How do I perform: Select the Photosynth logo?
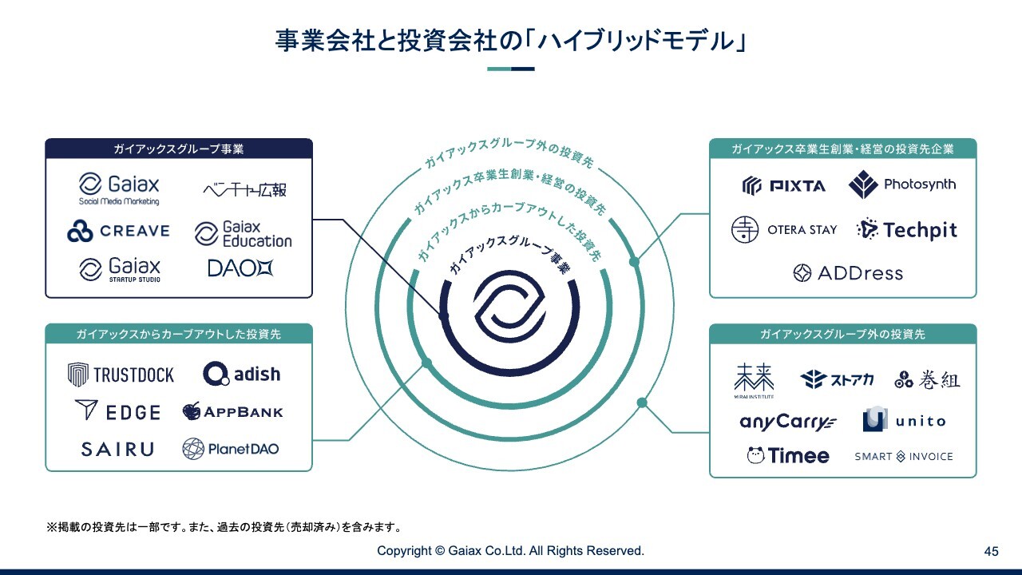(901, 185)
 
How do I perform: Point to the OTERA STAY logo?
(784, 230)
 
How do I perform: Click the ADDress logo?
(847, 273)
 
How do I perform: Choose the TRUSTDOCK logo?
(121, 374)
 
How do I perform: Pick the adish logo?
(241, 374)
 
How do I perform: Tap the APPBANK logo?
(232, 412)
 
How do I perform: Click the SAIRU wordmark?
(117, 450)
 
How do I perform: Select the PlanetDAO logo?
(231, 449)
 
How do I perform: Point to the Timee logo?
(788, 456)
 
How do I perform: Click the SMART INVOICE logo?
(904, 457)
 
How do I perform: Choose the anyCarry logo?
(787, 422)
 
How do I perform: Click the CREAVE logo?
(118, 232)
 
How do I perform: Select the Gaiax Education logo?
(244, 234)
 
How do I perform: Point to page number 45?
(992, 551)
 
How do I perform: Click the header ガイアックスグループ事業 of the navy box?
(178, 149)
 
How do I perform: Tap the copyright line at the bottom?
(510, 551)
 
